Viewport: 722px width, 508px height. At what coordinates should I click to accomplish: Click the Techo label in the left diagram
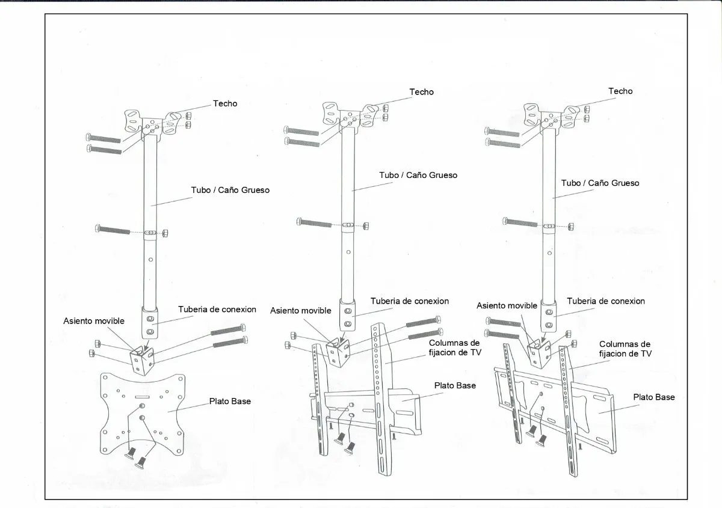click(225, 103)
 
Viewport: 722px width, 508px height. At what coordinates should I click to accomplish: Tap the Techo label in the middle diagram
click(421, 92)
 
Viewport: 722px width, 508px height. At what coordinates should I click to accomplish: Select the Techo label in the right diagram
click(620, 91)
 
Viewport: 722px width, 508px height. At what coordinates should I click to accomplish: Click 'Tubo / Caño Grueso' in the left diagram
click(230, 190)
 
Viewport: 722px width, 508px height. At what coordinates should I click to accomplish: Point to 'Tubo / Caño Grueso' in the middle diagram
click(418, 176)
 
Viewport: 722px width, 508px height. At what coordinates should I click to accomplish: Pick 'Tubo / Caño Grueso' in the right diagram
click(600, 183)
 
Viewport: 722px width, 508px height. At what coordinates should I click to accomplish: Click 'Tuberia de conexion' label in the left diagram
click(217, 310)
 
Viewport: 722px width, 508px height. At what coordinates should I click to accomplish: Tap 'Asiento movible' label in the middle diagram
click(300, 311)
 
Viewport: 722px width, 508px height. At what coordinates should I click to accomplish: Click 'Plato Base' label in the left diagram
click(230, 401)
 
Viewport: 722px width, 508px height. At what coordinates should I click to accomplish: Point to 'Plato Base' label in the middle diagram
click(455, 385)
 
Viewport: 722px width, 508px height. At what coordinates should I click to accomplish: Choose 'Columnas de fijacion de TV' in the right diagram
click(625, 349)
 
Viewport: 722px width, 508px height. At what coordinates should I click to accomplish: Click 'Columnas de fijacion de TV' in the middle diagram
click(455, 347)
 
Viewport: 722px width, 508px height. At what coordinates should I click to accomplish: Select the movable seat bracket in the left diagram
click(143, 359)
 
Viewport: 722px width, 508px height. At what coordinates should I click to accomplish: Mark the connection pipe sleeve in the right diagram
click(548, 314)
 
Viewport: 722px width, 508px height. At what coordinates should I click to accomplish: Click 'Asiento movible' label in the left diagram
click(94, 321)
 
